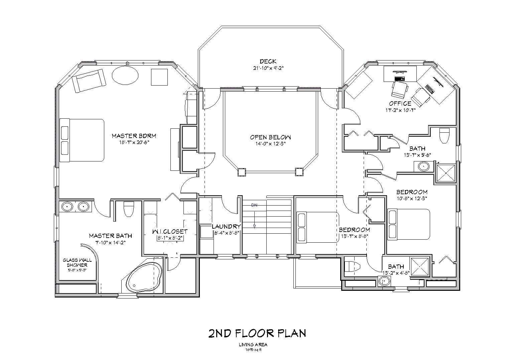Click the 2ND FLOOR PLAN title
pos(257,333)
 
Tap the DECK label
pos(268,61)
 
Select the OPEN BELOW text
pos(270,137)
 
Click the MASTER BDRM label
pos(134,136)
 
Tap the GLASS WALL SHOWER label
pos(77,262)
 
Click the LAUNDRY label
pos(226,226)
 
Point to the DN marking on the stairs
pos(254,205)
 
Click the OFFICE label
pos(400,103)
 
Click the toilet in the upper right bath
pos(444,135)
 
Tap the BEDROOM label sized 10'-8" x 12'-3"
pos(412,192)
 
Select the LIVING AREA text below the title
pos(253,345)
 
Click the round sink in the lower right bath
pos(385,281)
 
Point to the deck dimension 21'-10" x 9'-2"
pos(268,68)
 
